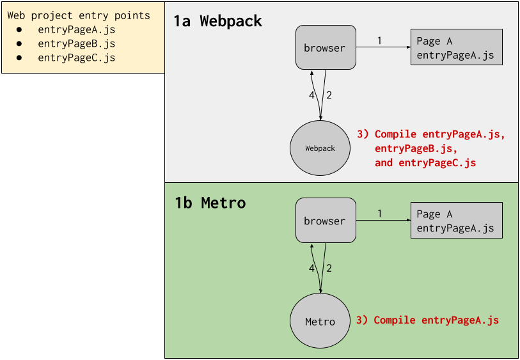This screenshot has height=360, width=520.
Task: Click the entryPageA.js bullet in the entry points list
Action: click(76, 29)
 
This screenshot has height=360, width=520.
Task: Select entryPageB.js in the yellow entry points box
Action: click(76, 43)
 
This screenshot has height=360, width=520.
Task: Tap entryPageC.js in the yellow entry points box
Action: click(76, 58)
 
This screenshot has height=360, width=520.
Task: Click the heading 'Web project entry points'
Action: click(79, 15)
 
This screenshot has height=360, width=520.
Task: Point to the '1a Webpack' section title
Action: click(217, 21)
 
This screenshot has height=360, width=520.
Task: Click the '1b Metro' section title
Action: click(210, 203)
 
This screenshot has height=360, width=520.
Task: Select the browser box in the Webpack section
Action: click(326, 47)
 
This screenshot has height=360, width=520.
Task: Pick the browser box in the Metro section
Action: click(326, 221)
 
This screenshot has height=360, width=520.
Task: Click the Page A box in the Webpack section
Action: click(455, 48)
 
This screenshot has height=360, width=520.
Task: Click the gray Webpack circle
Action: click(320, 148)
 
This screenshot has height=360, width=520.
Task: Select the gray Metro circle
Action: click(320, 322)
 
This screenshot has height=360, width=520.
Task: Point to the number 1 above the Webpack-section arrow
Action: click(379, 41)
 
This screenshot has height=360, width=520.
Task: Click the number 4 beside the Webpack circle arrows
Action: click(311, 95)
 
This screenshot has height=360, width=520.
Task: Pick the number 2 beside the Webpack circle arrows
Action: click(329, 95)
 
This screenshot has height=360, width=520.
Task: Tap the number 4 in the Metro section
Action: click(311, 269)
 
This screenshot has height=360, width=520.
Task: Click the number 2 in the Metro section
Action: click(329, 269)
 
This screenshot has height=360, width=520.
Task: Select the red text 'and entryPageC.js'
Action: click(425, 163)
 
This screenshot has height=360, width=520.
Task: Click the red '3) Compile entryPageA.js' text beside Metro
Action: click(427, 320)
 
